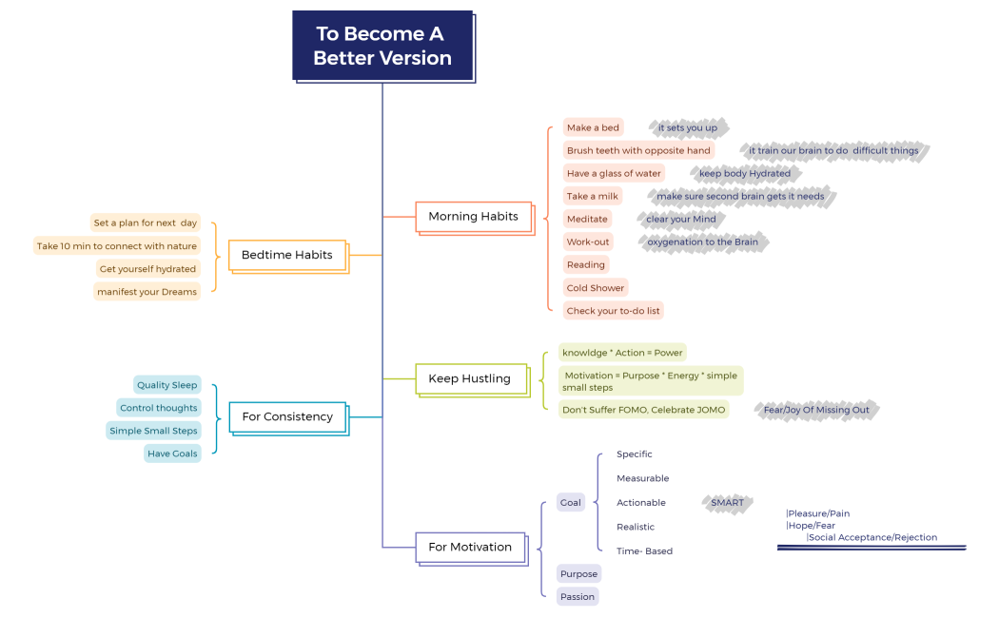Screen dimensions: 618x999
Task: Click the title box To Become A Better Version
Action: pos(382,46)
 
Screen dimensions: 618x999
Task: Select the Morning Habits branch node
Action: pos(473,217)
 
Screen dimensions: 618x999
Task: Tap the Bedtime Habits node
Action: pos(286,255)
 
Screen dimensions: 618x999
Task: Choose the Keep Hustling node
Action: pos(470,378)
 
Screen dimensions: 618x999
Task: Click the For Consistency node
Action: pos(286,416)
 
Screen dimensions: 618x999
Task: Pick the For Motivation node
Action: pos(470,547)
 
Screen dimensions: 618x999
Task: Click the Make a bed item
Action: pos(593,127)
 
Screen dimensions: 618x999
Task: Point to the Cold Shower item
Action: pos(596,288)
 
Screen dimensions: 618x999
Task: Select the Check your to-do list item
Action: pos(614,311)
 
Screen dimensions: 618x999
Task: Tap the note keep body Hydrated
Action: pos(744,173)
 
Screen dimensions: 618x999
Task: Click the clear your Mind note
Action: pos(681,219)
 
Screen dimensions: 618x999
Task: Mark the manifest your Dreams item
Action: pos(147,292)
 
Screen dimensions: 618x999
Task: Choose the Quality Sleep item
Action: pos(167,385)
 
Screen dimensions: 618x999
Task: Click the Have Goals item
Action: pos(172,454)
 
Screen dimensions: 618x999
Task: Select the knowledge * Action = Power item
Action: pos(622,353)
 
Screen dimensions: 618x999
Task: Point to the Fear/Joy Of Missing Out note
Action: pos(816,410)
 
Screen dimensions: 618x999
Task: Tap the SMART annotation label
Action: pos(728,503)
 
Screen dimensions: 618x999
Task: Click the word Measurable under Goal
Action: pos(642,478)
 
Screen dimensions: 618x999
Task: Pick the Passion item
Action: pos(578,597)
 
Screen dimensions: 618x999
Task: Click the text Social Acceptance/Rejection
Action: pos(872,537)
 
